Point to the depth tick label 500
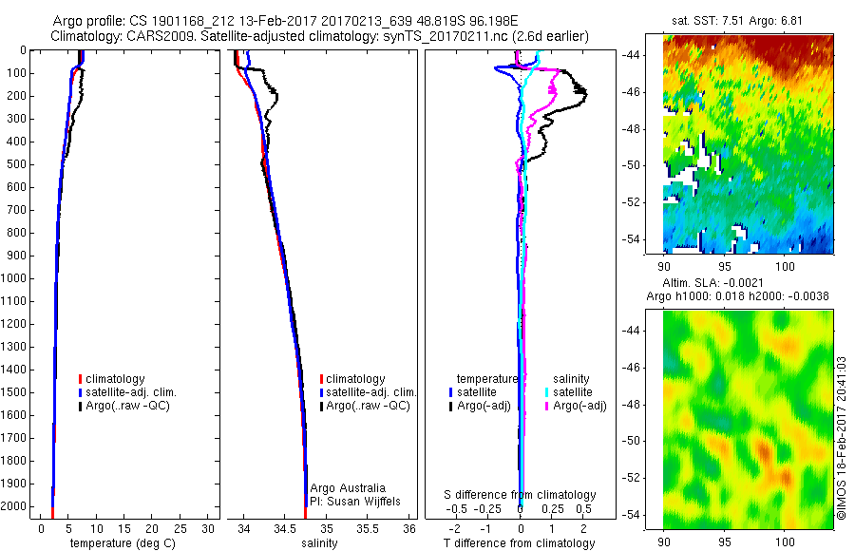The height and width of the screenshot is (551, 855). pos(17,164)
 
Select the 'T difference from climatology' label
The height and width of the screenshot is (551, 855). pos(519,543)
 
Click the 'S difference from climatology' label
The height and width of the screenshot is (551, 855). pos(521,495)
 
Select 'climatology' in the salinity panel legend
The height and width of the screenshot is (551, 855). pos(357,379)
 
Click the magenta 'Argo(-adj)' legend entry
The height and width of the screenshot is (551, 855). pos(580,406)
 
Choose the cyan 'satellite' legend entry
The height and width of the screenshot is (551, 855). pos(573,392)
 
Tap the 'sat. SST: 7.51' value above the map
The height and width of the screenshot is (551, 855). pos(704,21)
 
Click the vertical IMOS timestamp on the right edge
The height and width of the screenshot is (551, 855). pos(842,439)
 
